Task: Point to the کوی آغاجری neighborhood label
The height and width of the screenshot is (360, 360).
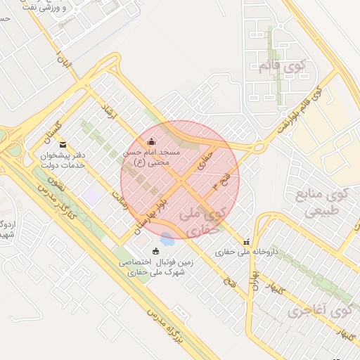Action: point(320,309)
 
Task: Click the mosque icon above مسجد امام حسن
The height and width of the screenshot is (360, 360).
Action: point(151,142)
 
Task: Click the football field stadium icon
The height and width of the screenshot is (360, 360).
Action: point(155,251)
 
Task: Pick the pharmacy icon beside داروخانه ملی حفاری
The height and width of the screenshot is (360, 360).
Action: point(245,243)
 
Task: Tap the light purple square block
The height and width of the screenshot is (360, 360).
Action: point(91,195)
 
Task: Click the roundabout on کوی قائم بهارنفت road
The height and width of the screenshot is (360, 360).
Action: point(259,147)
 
